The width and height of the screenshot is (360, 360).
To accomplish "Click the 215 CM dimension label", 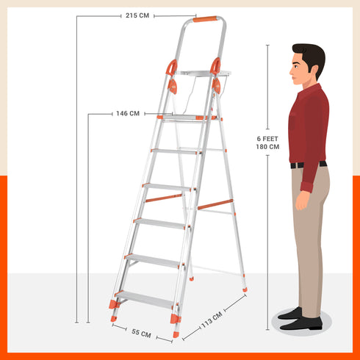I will (x=138, y=15).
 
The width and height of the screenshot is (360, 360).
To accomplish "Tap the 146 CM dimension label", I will (x=127, y=114).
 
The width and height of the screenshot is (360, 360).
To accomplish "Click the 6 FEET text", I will (x=267, y=138).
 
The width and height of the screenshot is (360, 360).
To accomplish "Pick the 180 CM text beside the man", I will (x=267, y=147).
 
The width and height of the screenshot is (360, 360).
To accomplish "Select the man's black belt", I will (x=307, y=165).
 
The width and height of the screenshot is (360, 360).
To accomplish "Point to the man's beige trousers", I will (x=309, y=235).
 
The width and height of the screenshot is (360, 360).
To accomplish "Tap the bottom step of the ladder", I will (x=144, y=298).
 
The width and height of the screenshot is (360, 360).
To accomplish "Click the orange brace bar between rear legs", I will (x=215, y=203).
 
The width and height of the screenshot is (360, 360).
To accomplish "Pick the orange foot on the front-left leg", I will (x=113, y=303).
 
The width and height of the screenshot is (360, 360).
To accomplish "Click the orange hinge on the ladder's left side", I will (x=172, y=68).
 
